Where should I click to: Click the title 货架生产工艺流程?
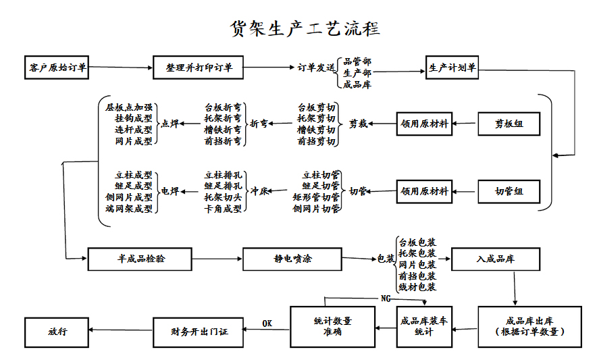tap(305, 28)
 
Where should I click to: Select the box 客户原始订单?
tap(57, 68)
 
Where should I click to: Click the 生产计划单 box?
tap(452, 68)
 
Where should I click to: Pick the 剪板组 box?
tap(509, 124)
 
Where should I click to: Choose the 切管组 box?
tap(509, 192)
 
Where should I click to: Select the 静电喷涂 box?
tap(292, 259)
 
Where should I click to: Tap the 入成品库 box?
tap(495, 259)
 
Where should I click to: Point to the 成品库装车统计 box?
tap(423, 327)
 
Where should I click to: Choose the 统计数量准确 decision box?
tap(332, 327)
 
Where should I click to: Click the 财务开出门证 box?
tap(200, 332)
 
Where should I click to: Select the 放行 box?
tap(57, 332)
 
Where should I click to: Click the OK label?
tap(267, 324)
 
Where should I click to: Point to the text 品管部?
tap(357, 61)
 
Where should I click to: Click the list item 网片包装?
tap(417, 265)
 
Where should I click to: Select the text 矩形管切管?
tap(316, 198)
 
